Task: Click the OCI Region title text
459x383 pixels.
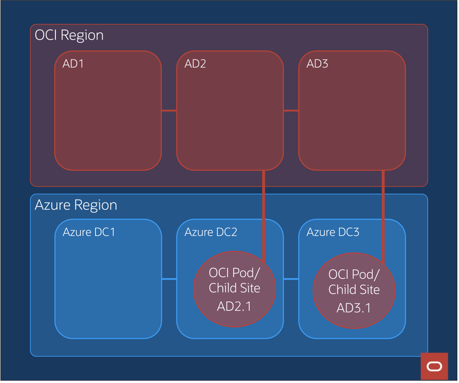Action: (x=69, y=35)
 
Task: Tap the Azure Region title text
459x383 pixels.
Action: (x=76, y=205)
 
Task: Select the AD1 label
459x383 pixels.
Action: (x=73, y=64)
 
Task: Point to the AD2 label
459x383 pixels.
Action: (x=195, y=64)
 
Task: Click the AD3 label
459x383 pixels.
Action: (x=317, y=64)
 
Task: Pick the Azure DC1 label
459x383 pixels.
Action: (x=89, y=232)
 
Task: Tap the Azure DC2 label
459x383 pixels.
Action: (x=211, y=232)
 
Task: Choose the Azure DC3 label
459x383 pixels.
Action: (x=333, y=232)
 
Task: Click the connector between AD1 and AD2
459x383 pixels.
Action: (x=169, y=110)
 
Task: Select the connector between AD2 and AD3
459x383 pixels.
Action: (x=291, y=110)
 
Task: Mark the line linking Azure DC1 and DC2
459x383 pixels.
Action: (x=169, y=279)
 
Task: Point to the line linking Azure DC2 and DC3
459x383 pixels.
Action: (x=291, y=279)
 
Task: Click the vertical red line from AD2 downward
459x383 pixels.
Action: (x=264, y=212)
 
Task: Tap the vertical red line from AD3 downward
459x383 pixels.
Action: (x=383, y=212)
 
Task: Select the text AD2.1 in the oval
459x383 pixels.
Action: (x=234, y=306)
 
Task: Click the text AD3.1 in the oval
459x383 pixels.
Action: (x=354, y=308)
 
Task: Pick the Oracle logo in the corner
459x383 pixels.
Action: (x=434, y=366)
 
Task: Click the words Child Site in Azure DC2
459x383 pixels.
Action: (x=234, y=288)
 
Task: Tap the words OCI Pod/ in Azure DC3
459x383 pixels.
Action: (x=354, y=274)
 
